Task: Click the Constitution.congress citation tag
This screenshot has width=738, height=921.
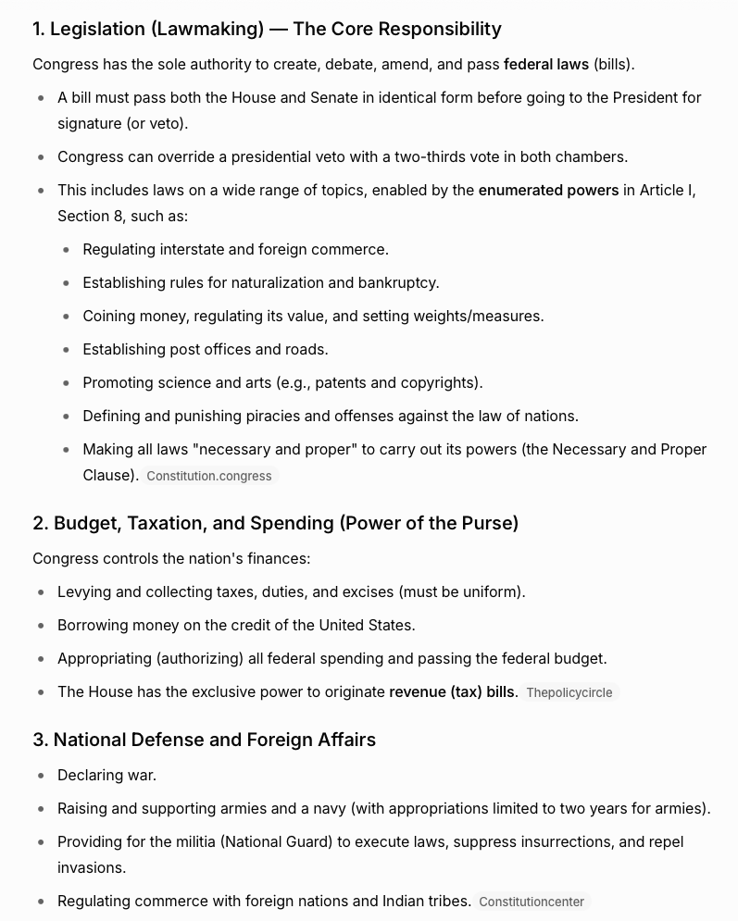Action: tap(209, 476)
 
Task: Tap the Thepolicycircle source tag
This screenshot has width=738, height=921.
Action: tap(569, 692)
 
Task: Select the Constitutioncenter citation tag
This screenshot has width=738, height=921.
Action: tap(532, 902)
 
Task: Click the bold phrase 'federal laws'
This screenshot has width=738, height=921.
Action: tap(546, 64)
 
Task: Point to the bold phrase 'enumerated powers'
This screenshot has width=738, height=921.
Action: tap(548, 190)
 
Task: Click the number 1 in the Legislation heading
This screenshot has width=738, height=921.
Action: tap(37, 29)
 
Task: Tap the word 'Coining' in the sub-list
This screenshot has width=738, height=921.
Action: tap(109, 316)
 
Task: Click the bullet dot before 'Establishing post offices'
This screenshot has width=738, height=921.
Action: tap(66, 350)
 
